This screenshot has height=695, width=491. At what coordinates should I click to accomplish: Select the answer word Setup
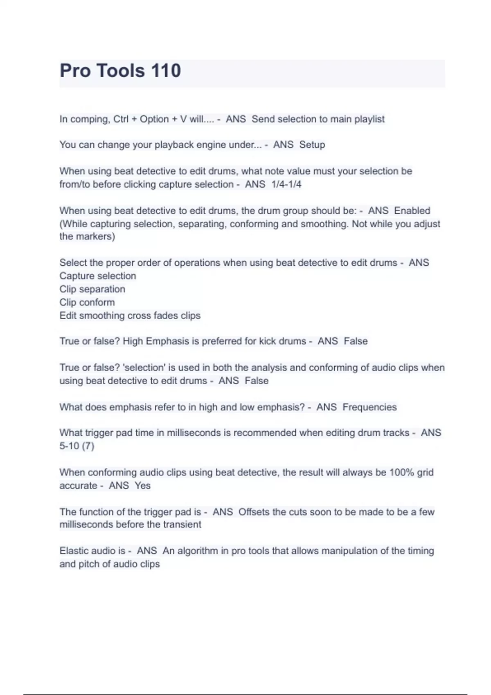312,145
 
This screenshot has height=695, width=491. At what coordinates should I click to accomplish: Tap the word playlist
369,119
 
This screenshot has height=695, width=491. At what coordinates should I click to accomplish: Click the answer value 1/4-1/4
286,184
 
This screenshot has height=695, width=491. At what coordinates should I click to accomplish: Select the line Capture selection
98,276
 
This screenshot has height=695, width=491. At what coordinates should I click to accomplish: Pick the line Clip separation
92,289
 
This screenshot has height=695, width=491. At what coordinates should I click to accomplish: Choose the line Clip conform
87,303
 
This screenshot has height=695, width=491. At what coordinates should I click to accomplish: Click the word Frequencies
369,407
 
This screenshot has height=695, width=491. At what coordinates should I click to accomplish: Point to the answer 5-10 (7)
77,446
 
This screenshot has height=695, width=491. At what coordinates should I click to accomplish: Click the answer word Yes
143,486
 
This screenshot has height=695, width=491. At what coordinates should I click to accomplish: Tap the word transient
182,525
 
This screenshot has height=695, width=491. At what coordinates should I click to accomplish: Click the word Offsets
254,512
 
